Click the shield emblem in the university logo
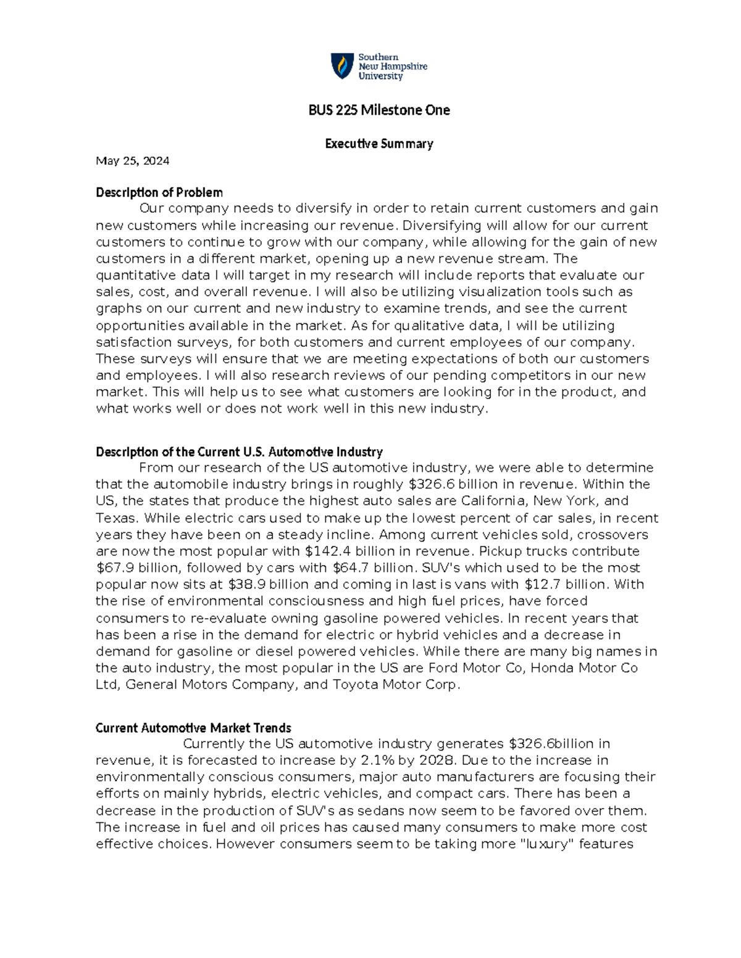pos(343,66)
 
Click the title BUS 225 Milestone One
pos(379,110)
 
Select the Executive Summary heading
pos(379,144)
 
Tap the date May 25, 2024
pos(132,161)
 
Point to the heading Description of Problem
pos(159,192)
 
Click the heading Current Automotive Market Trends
pos(193,728)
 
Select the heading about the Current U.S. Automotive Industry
pos(239,452)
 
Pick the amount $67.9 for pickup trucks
pos(115,568)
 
